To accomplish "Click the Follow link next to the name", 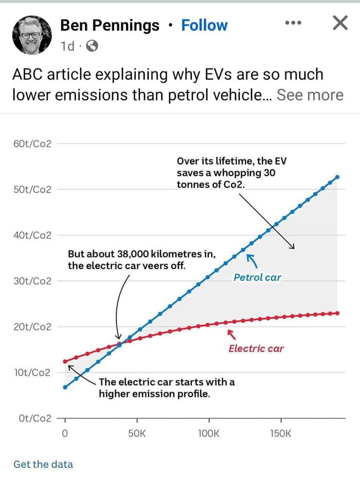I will [204, 25].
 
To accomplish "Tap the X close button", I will [340, 23].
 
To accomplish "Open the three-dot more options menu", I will [293, 23].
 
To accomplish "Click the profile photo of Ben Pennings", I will [32, 34].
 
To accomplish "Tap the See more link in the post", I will [310, 95].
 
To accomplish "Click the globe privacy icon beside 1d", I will [92, 46].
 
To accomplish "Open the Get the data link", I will [43, 464].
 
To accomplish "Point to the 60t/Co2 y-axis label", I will [32, 144].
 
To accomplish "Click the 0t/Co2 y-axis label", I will [35, 418].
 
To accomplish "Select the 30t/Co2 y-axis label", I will [32, 281].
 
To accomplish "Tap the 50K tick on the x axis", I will [137, 433].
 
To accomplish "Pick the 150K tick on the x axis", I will [280, 433].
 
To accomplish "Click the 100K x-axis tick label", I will [208, 433].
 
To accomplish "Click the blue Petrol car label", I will [258, 278].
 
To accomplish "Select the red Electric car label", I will [256, 348].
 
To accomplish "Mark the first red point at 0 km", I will [65, 361].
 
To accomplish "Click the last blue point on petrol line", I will [337, 177].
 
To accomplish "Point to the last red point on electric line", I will [337, 313].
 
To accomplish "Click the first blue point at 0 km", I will [65, 387].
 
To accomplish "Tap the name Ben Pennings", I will [110, 25].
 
